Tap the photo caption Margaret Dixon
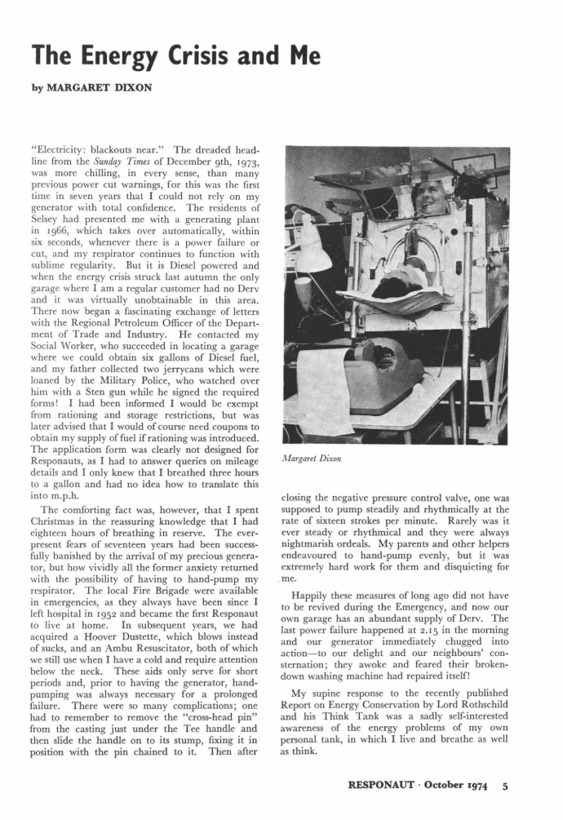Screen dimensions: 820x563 pos(310,459)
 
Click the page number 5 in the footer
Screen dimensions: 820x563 pos(506,787)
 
